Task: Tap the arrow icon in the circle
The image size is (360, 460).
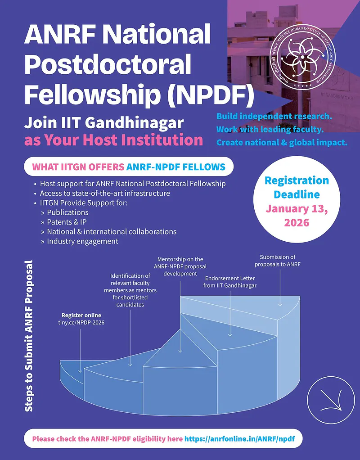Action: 328,397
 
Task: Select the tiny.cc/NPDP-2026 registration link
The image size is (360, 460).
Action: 81,322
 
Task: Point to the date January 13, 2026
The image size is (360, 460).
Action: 297,215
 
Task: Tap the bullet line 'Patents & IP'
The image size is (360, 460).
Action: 67,222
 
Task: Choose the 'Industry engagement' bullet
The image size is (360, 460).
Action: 82,241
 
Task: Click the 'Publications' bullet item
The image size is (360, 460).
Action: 67,212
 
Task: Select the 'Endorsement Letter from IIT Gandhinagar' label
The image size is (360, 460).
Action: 230,282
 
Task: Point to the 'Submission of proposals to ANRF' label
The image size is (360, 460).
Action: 277,261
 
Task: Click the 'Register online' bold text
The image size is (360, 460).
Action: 81,315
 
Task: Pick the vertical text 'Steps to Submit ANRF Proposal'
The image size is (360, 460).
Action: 29,335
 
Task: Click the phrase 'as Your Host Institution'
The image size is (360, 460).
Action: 113,140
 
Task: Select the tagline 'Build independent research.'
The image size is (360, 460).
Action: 274,117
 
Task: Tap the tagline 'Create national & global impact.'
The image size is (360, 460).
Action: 282,143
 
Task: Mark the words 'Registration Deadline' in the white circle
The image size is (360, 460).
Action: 297,188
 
